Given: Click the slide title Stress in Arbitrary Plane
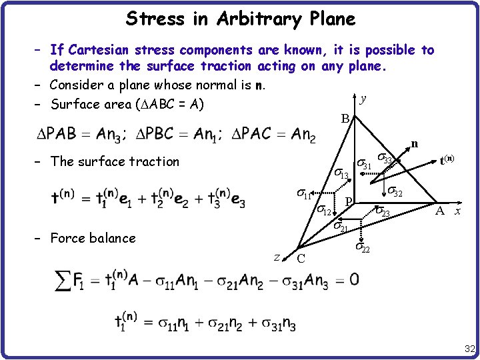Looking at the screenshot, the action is coord(240,18).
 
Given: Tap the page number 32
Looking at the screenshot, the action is coord(469,349).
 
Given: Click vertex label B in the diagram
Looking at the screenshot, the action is coord(345,119).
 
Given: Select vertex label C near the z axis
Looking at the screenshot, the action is coord(301,259).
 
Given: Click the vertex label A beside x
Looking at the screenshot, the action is coord(439,211).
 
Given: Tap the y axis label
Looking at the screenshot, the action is coord(363,99).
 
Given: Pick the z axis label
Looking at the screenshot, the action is coord(277,256).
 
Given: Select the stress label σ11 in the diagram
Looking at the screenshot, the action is coord(304,195).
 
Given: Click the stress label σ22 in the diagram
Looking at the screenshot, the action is coord(362,247).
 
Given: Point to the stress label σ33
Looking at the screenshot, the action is coord(385,159).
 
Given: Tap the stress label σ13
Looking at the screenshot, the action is coord(340,174).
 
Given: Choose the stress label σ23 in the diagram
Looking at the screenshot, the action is coord(382,212).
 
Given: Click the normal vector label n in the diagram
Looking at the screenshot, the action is coord(415,143).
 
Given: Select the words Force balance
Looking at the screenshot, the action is coord(93,238).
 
